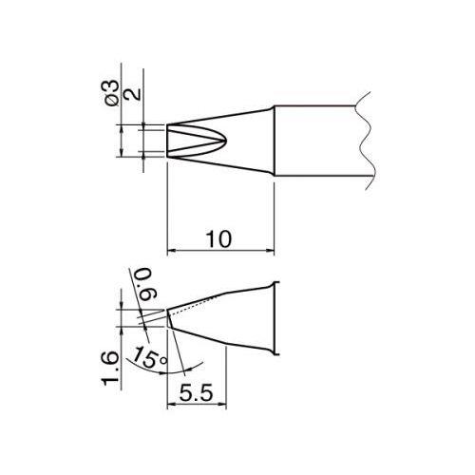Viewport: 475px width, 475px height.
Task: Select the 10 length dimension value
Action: coord(218,239)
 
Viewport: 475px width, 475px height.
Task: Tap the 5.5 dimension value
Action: coord(197,393)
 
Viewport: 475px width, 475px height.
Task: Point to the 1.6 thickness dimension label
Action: coord(110,369)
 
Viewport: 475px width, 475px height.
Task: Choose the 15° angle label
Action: coord(148,358)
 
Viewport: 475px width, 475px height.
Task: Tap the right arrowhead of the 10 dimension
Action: coord(270,252)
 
